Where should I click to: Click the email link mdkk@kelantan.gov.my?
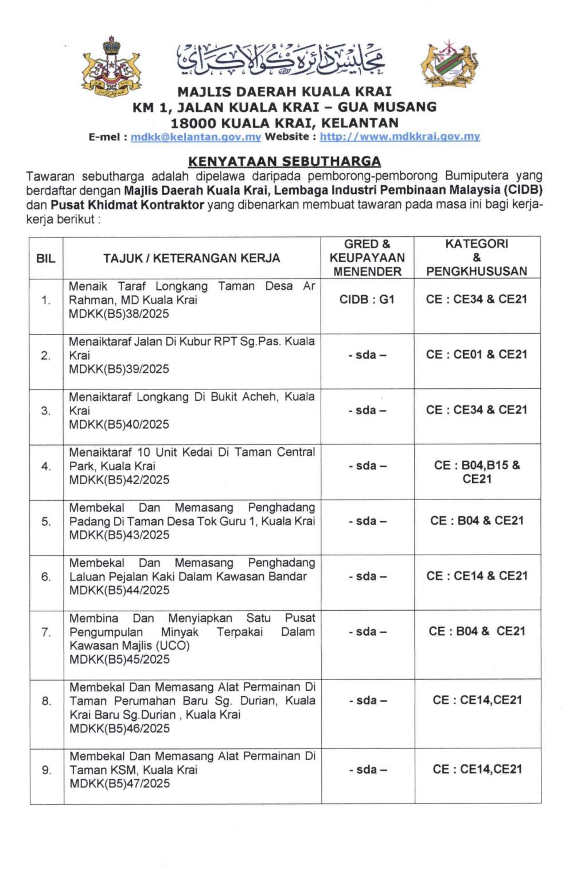(196, 137)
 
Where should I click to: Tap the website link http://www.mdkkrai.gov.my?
(399, 137)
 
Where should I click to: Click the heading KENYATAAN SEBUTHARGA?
(284, 161)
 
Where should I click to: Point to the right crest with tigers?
(450, 65)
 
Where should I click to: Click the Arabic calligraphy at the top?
(281, 60)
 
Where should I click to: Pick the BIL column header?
(46, 258)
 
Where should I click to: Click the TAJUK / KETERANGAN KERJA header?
(192, 258)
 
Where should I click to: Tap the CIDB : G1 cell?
(367, 299)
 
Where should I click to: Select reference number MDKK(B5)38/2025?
(119, 314)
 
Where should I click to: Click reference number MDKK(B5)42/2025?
(119, 480)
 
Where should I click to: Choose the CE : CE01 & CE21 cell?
(477, 354)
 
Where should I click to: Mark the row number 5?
(46, 521)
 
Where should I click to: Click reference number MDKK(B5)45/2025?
(119, 660)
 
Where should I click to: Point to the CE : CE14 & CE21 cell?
(477, 576)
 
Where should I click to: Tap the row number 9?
(46, 770)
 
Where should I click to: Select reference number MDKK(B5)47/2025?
(119, 783)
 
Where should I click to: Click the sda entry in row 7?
(367, 631)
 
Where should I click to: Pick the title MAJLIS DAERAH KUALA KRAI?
(284, 92)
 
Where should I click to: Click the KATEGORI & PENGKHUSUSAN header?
(477, 257)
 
